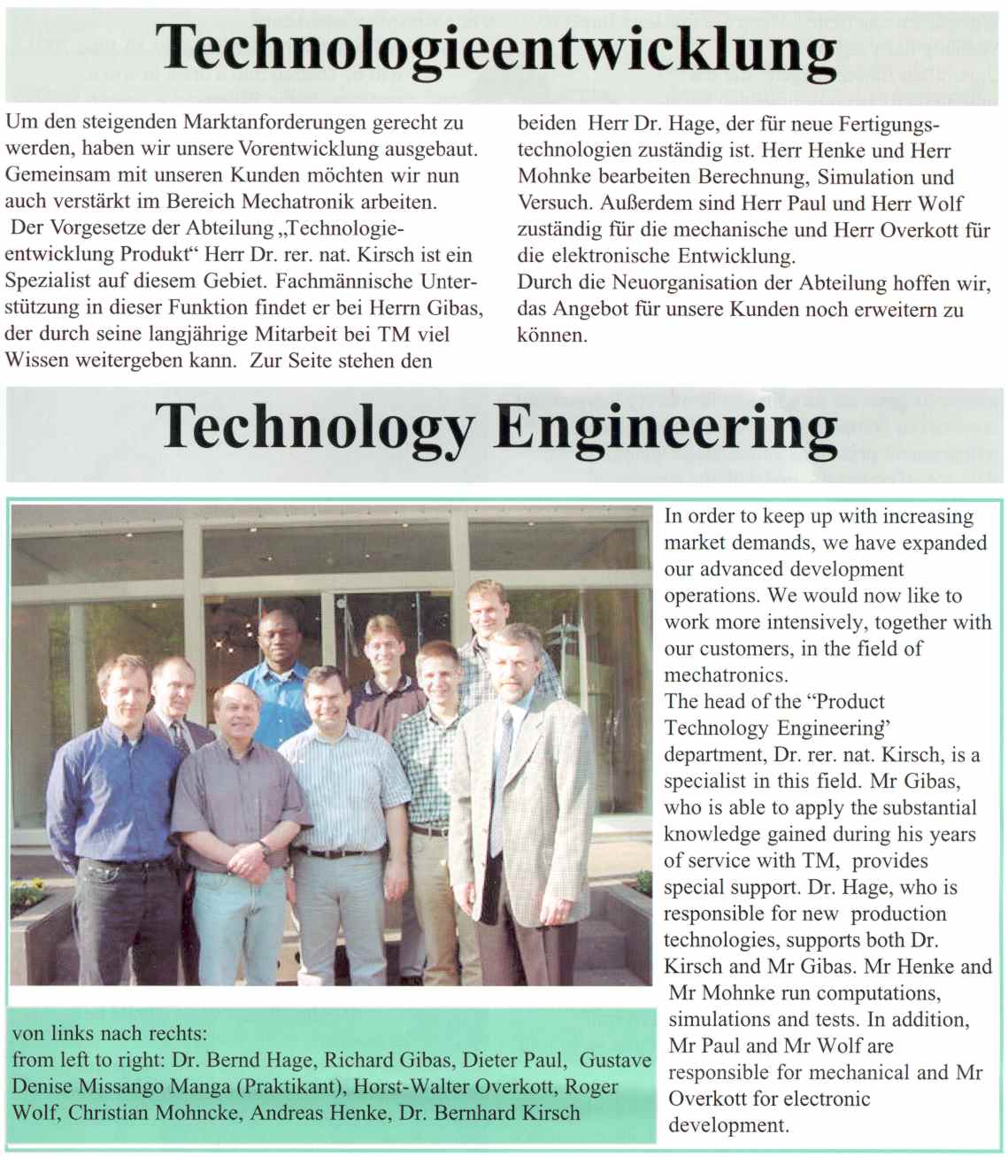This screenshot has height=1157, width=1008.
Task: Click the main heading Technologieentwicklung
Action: click(496, 49)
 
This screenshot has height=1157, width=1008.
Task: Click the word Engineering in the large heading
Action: click(666, 428)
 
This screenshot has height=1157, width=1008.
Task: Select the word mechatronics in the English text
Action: click(726, 675)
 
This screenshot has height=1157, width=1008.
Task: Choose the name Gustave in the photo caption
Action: click(616, 1060)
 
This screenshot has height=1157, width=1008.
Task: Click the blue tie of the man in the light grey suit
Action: click(503, 779)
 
